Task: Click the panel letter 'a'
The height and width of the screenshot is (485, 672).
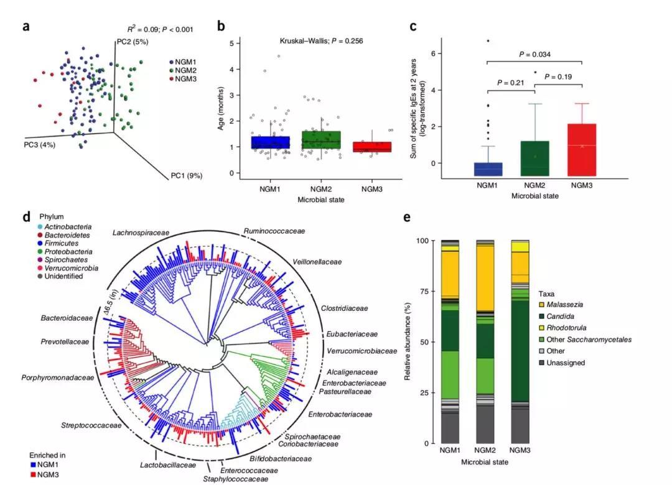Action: click(26, 26)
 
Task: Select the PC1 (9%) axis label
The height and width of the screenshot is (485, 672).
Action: click(187, 176)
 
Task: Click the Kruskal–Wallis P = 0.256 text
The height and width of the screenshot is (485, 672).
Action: click(321, 40)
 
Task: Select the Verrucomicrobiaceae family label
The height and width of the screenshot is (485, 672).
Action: click(362, 351)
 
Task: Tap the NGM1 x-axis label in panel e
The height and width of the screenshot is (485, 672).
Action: click(450, 450)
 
